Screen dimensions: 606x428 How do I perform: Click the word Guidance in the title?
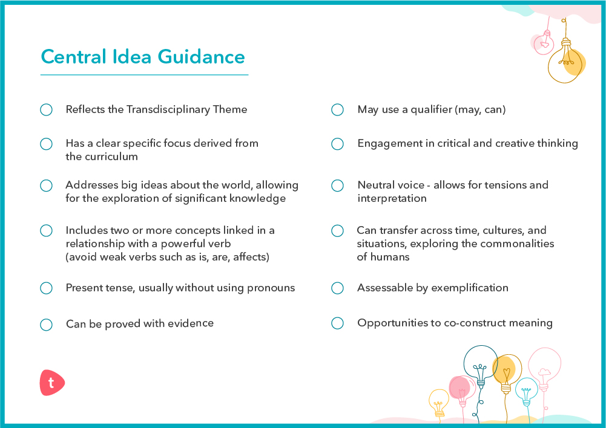pos(201,57)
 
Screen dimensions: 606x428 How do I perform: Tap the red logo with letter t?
pos(52,383)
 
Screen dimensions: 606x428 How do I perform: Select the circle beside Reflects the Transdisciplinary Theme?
pos(47,109)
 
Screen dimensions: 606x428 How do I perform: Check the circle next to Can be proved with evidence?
pos(47,325)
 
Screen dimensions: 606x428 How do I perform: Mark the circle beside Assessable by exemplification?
pos(337,288)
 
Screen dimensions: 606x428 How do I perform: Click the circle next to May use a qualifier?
pos(337,109)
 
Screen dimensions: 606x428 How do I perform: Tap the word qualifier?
pos(431,109)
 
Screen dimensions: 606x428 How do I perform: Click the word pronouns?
pos(271,288)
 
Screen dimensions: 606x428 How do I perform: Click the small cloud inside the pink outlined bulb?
pos(544,372)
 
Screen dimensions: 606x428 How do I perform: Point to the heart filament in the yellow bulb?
pos(506,374)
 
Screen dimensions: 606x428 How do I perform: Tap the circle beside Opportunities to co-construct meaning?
pos(337,323)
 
